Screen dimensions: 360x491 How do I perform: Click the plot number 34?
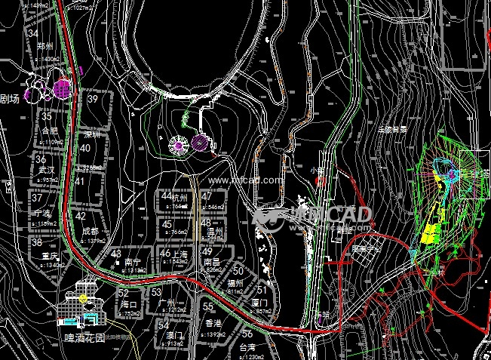32,34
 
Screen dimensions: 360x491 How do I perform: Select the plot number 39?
93,99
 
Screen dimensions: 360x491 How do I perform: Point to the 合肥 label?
50,129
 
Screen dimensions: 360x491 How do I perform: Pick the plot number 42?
81,216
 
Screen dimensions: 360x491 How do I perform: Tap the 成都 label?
91,229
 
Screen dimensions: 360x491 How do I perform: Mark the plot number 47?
207,196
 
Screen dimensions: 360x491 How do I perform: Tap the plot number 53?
156,291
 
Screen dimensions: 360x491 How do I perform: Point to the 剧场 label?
9,98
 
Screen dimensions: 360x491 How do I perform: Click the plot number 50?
238,270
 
